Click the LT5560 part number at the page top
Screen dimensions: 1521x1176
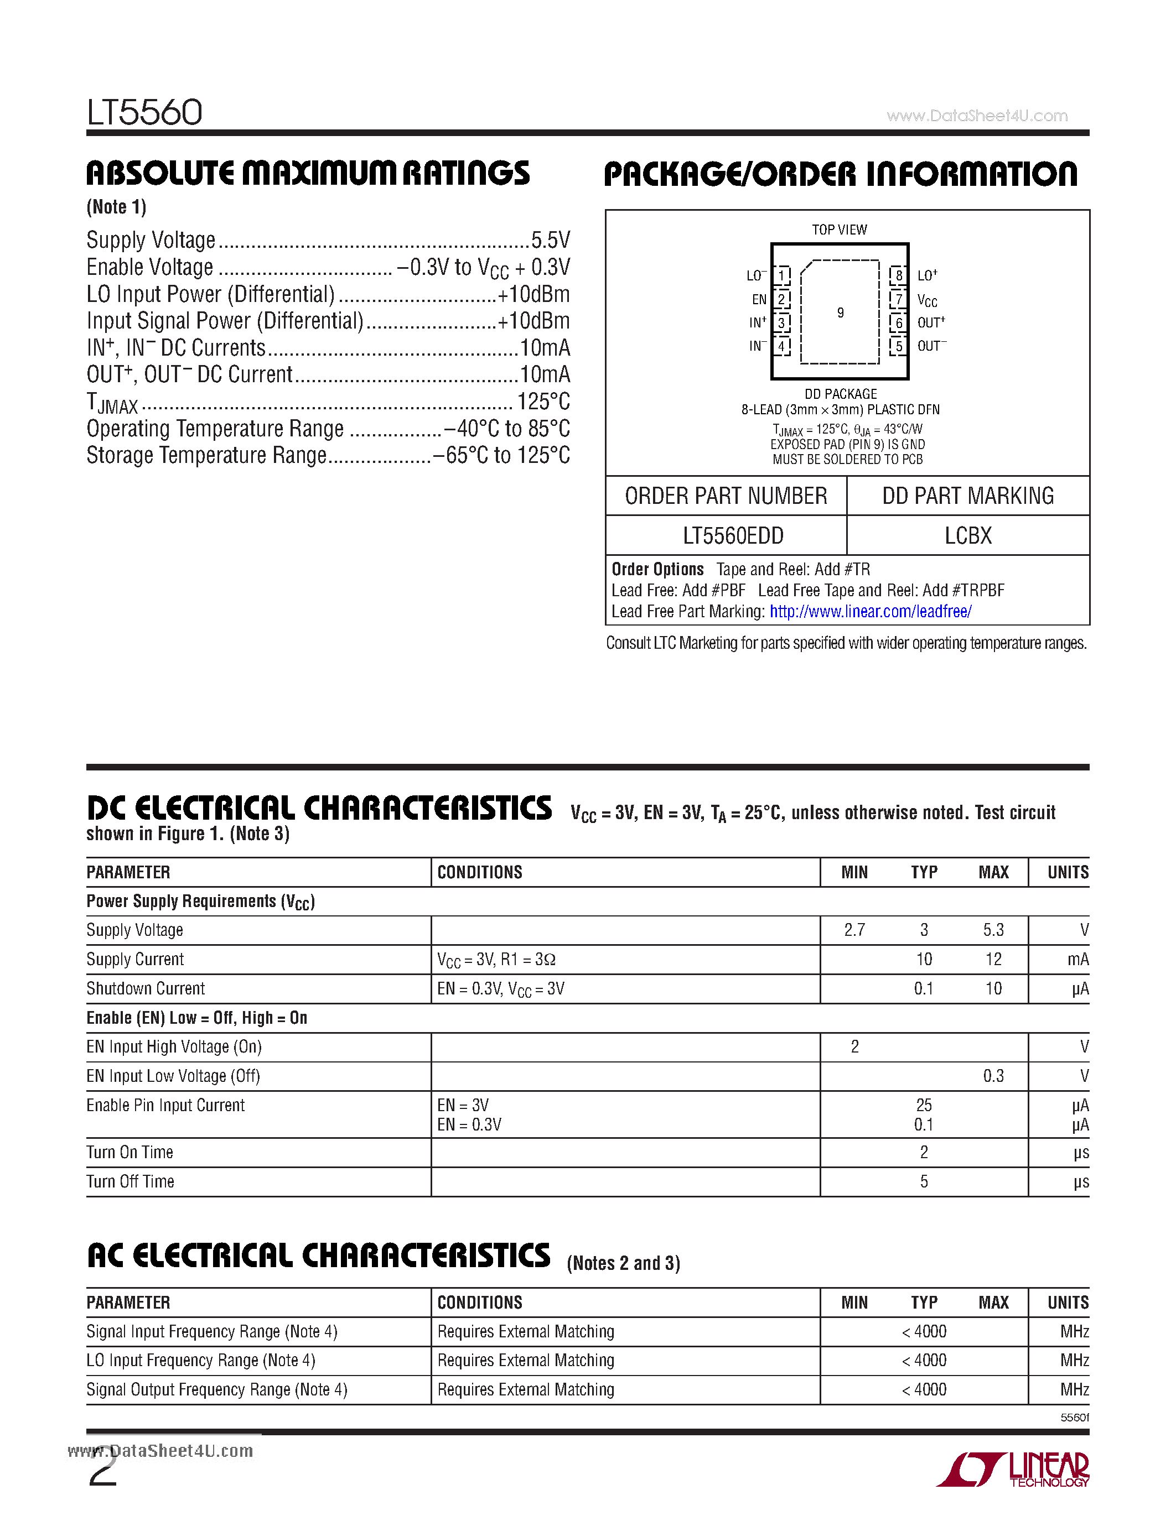[x=144, y=112]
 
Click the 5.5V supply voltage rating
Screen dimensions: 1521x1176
[x=551, y=240]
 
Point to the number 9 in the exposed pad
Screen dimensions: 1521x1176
[x=840, y=312]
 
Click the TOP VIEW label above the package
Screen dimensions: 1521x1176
[x=839, y=230]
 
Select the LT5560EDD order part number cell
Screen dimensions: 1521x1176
[x=732, y=535]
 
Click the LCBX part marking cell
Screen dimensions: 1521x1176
[x=968, y=535]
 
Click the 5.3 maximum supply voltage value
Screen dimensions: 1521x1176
[x=993, y=930]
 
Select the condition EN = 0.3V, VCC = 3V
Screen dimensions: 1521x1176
[x=500, y=989]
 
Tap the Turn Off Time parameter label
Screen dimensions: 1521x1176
[x=130, y=1182]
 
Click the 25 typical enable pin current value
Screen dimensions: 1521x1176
[x=924, y=1105]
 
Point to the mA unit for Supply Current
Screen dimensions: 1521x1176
[x=1077, y=960]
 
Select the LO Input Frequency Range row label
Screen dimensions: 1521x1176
[x=201, y=1361]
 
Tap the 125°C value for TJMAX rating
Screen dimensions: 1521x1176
[x=543, y=402]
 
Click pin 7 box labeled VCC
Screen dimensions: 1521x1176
[x=899, y=299]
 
